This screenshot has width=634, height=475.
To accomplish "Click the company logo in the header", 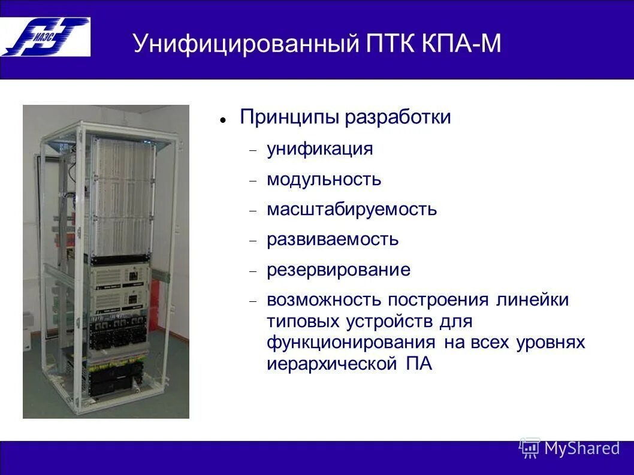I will tap(46, 37).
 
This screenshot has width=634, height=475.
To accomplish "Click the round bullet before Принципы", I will tap(222, 120).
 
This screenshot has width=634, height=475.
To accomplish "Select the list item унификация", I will tap(320, 149).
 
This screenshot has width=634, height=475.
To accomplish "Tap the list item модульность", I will tap(324, 179).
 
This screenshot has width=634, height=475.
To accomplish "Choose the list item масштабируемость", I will tap(352, 210).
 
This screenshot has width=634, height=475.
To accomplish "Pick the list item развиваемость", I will tap(333, 240).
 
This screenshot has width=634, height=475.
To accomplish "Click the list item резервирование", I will tap(339, 270).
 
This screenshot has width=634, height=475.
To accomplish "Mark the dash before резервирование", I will tap(253, 271).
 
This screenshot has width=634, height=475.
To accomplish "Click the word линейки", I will tap(532, 299).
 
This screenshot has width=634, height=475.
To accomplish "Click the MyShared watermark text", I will tap(581, 448).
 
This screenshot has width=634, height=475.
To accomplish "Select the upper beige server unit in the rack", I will tap(120, 277).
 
